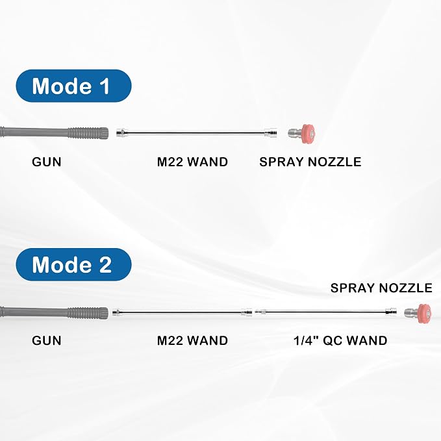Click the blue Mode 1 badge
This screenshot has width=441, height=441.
(73, 86)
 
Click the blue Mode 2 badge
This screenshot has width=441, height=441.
(73, 264)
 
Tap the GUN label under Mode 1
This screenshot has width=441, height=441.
(47, 162)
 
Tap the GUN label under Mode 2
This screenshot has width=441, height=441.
(47, 340)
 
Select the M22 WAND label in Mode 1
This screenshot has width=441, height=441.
(192, 162)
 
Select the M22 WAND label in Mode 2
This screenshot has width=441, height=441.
(192, 340)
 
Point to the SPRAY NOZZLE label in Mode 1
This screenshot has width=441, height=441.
(310, 162)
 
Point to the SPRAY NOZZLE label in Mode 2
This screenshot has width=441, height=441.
(381, 288)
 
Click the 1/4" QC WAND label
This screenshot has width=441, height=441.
(340, 340)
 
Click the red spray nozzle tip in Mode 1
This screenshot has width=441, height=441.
(307, 133)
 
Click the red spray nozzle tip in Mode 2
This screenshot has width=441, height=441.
(424, 313)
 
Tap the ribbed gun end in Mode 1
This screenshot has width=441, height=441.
(88, 133)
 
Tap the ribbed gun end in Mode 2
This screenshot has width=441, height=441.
(88, 313)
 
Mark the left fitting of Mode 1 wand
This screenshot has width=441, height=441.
(122, 132)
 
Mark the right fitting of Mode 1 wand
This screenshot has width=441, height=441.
(271, 132)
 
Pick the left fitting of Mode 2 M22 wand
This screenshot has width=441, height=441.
(116, 312)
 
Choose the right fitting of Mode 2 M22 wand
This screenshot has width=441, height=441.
(247, 312)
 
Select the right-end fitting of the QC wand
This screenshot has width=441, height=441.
(391, 312)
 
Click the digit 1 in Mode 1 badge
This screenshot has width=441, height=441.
(106, 86)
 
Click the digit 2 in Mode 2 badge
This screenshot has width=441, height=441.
(106, 264)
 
